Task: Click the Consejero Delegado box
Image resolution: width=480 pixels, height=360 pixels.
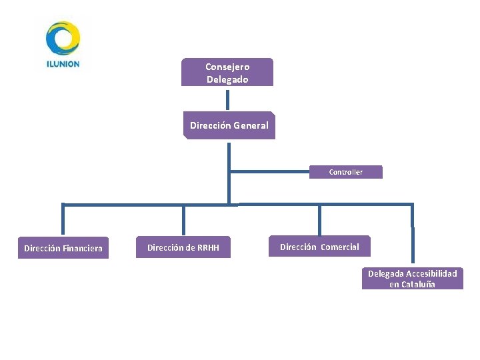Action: pos(227,72)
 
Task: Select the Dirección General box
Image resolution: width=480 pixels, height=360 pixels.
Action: pos(229,125)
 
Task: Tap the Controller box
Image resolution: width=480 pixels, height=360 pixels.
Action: pos(345,172)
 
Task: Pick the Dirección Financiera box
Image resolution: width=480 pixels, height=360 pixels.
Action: pos(63,248)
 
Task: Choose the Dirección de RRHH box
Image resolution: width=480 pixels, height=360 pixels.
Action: pos(183,248)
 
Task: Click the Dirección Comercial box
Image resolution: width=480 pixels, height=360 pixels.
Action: pos(319,247)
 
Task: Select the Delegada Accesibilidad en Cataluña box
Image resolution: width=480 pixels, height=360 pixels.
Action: pos(412,279)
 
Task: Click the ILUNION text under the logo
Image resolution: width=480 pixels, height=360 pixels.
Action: pos(63,65)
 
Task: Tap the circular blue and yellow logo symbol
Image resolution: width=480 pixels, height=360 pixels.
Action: pos(63,38)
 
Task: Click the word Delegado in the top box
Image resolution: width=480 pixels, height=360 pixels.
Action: pos(227,79)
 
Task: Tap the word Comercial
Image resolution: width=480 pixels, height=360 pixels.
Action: pos(339,247)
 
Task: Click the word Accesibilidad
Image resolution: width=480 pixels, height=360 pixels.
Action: pos(431,273)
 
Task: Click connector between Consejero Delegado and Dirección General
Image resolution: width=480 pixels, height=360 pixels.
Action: pos(228,99)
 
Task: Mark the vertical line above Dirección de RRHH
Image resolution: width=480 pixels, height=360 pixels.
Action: pos(183,220)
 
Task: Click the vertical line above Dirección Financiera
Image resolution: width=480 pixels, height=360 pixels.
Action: pos(63,220)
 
